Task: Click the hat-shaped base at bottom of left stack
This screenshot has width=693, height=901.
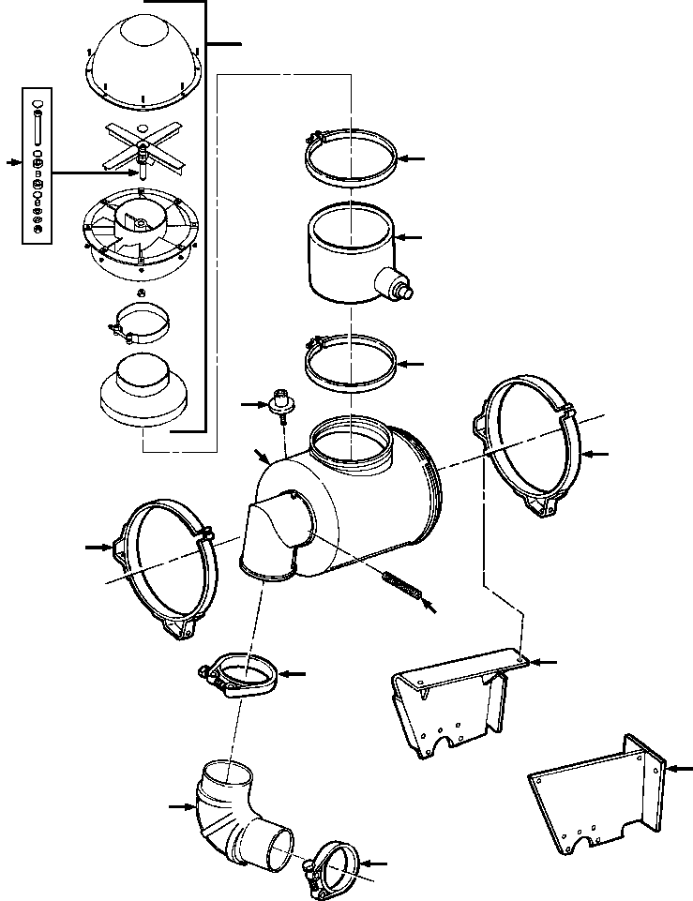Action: coord(141,388)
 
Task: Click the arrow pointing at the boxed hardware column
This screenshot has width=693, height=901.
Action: coord(12,162)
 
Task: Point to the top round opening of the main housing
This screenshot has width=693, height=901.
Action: coord(348,441)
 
